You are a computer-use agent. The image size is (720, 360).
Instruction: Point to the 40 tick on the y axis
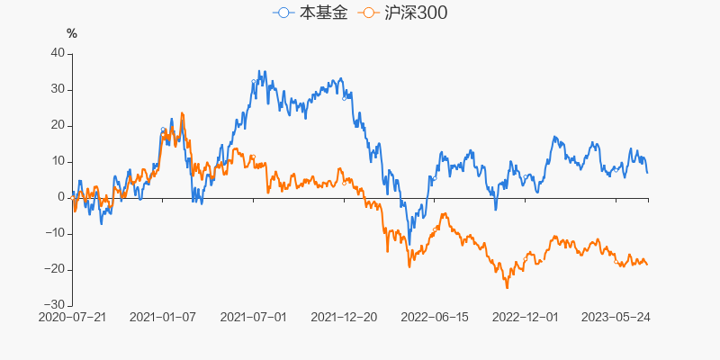(x=58, y=53)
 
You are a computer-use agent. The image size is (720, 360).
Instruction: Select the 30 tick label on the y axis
(x=58, y=89)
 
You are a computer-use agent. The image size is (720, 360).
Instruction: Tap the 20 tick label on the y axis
(x=58, y=125)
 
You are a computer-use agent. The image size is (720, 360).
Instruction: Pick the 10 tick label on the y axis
(x=58, y=161)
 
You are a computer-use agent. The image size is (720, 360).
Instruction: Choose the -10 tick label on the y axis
(x=55, y=233)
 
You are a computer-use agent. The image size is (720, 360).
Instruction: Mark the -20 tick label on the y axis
(x=55, y=269)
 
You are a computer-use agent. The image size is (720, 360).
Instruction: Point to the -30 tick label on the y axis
(x=55, y=305)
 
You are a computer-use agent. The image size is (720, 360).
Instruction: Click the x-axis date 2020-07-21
(x=72, y=318)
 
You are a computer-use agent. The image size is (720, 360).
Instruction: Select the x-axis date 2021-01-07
(x=163, y=318)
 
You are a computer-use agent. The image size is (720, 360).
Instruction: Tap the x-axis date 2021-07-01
(x=254, y=318)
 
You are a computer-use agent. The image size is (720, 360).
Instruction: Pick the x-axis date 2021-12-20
(x=345, y=318)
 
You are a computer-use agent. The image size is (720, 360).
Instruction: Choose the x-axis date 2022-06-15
(x=436, y=318)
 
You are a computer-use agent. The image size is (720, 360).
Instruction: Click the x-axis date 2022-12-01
(x=526, y=318)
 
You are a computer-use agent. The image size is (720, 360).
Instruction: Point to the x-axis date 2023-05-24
(x=616, y=318)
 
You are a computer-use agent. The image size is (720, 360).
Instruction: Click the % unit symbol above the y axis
(x=72, y=33)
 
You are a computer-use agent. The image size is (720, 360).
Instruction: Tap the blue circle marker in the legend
(x=285, y=13)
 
